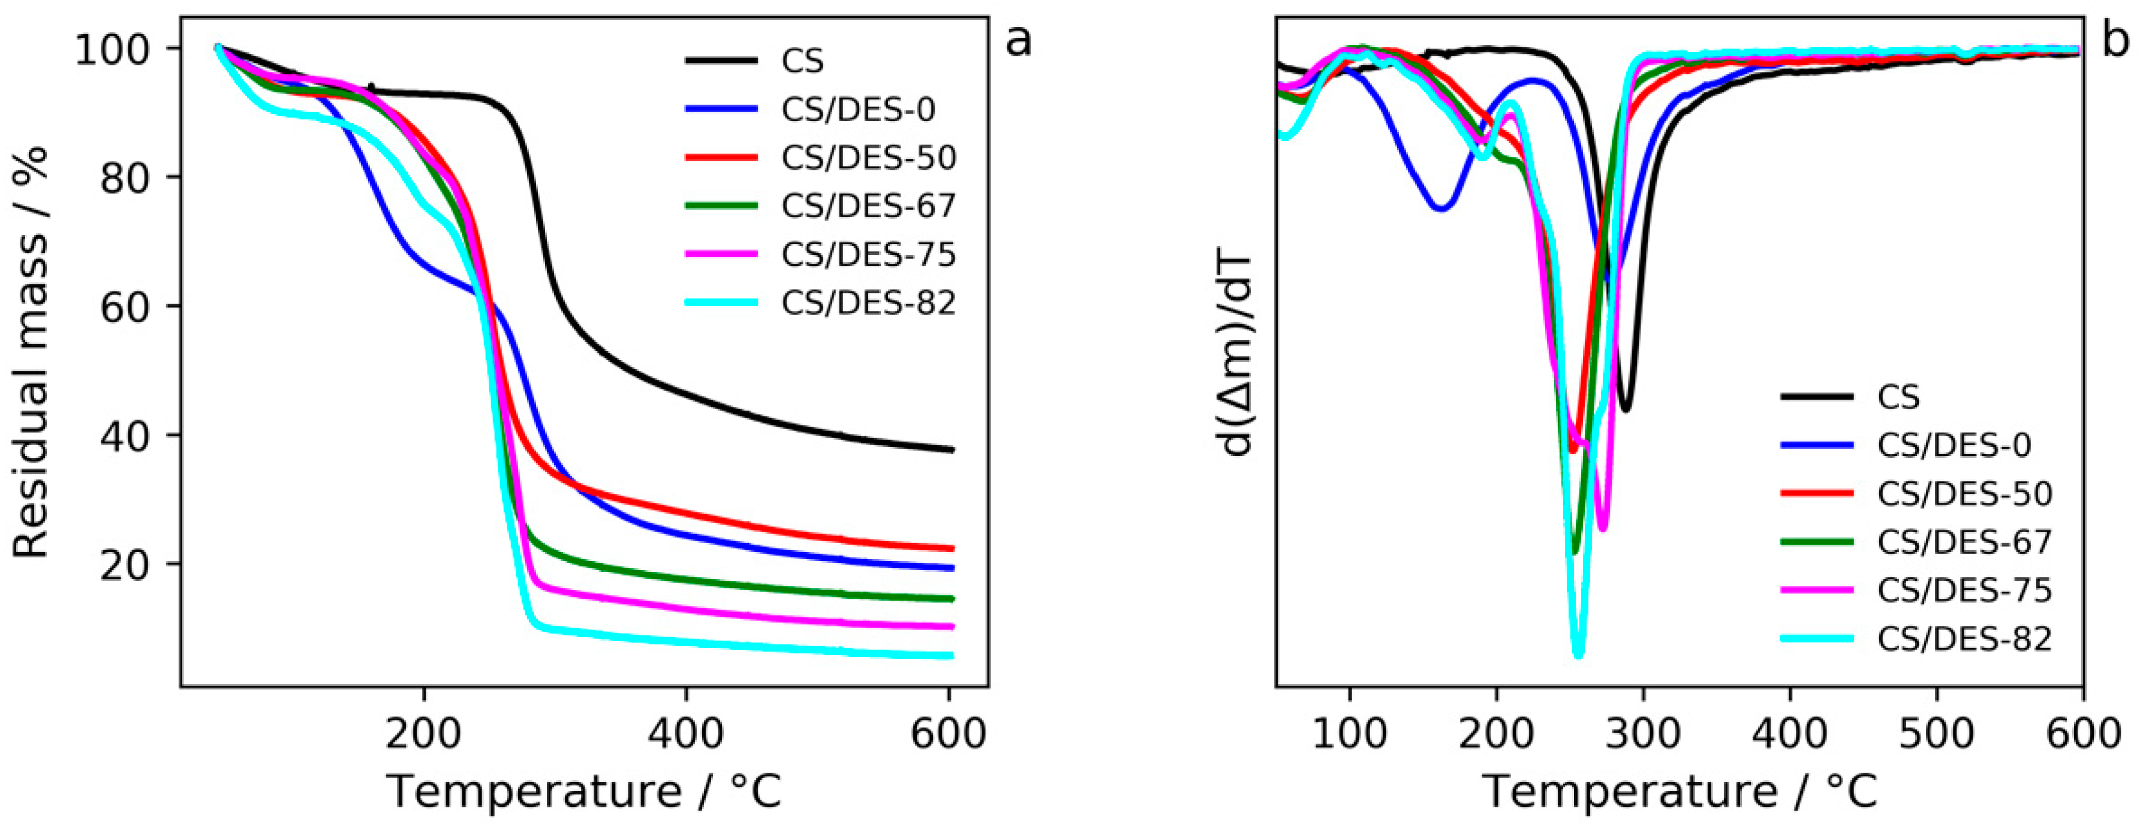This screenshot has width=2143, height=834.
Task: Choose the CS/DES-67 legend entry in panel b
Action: (x=1917, y=542)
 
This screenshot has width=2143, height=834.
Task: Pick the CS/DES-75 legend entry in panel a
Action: (x=821, y=254)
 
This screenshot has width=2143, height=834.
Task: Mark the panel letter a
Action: (x=1018, y=41)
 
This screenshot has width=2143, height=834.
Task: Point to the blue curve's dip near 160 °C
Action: (x=1441, y=206)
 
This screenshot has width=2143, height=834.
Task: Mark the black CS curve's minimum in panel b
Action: (x=1625, y=409)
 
